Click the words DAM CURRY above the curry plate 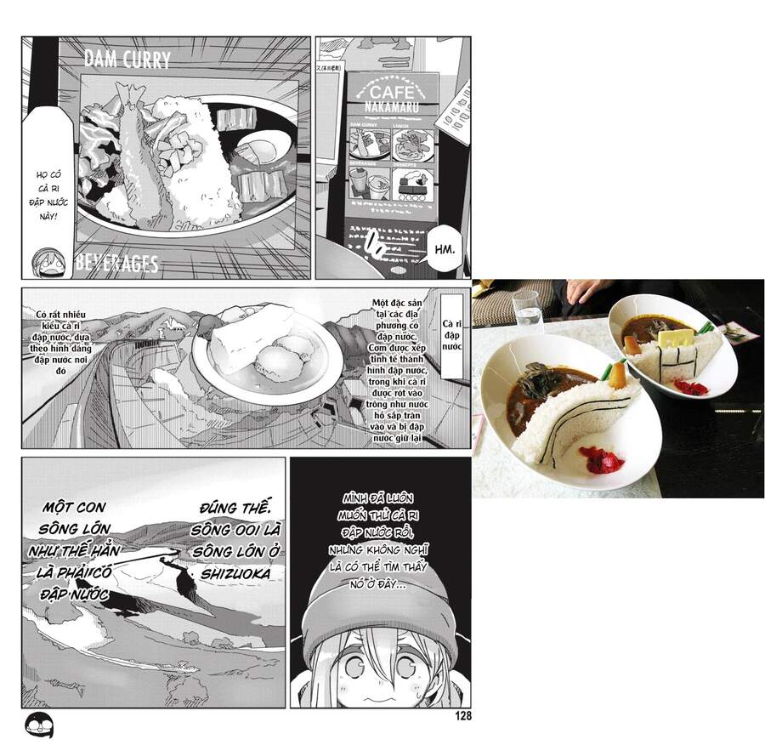tap(127, 60)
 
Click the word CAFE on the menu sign tap(392, 92)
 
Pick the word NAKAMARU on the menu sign tap(392, 108)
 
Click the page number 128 tap(462, 716)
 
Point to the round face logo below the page tap(37, 725)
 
